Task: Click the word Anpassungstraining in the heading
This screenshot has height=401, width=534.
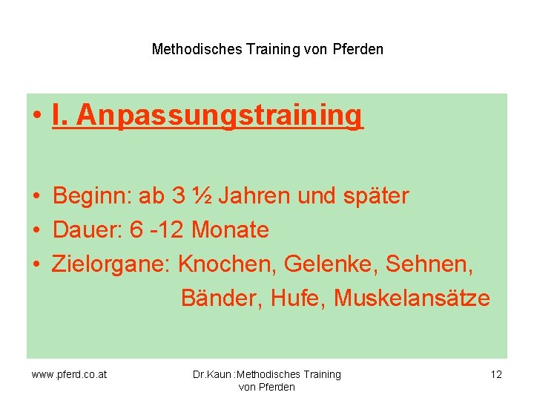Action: point(220,116)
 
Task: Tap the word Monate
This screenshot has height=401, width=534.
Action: point(230,230)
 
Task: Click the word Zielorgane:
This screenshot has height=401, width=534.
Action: point(112,264)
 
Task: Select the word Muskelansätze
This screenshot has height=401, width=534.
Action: point(412,299)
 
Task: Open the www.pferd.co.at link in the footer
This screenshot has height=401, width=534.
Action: point(69,374)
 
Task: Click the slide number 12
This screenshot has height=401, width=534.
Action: point(496,374)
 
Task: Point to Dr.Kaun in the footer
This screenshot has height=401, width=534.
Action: point(211,374)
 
